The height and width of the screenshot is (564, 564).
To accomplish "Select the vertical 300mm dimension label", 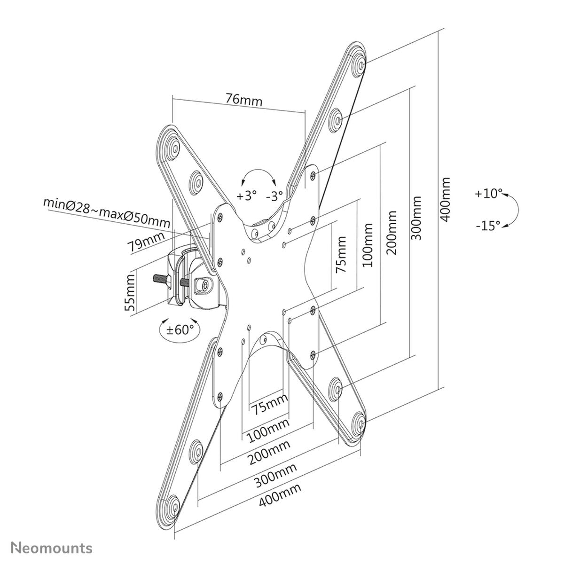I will point(417,218).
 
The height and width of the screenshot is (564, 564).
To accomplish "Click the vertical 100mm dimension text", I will point(368,245).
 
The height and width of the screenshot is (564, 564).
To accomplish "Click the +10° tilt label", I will point(488,194).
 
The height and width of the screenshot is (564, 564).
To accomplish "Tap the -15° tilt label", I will point(488,226).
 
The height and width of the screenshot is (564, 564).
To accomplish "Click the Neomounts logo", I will point(52,548).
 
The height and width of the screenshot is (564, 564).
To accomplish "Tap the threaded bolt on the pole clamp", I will point(161,281).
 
